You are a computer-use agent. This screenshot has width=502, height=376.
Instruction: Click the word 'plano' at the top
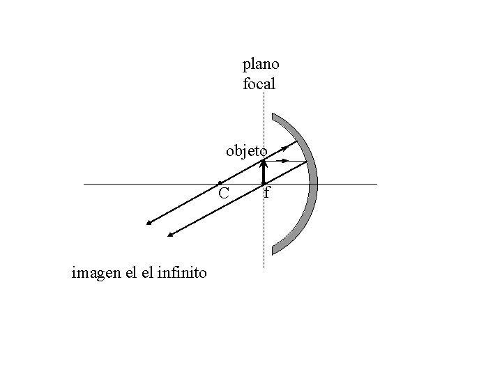(x=261, y=65)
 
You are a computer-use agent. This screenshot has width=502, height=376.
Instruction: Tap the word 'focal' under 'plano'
(x=259, y=85)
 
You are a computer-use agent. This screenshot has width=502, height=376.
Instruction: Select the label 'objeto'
(x=246, y=150)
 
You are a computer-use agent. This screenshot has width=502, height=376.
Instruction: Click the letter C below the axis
(x=223, y=193)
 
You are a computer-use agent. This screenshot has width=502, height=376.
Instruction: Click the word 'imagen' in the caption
(x=96, y=273)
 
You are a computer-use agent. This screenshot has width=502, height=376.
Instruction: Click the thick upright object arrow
(x=263, y=173)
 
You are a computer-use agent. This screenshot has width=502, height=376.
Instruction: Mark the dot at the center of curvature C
(x=220, y=183)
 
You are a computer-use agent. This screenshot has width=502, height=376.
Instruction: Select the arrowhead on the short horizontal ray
(x=284, y=161)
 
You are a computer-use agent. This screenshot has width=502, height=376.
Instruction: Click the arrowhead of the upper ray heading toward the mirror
(x=284, y=148)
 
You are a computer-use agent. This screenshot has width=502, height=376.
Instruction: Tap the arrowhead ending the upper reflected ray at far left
(x=149, y=224)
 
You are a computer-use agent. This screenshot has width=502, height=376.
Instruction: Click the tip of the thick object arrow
(x=263, y=162)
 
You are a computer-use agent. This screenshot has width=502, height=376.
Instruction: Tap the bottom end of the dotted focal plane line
(x=264, y=268)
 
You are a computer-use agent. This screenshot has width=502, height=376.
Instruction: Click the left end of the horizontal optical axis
(x=84, y=184)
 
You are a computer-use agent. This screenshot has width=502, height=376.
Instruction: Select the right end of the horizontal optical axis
(x=376, y=184)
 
